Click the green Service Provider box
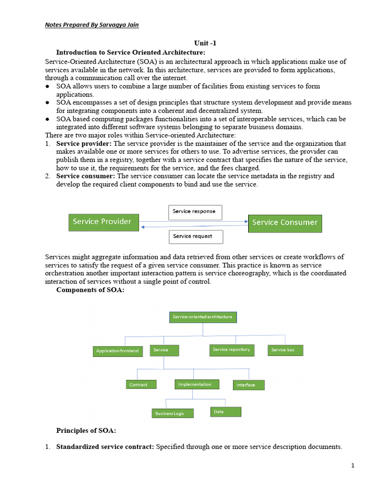click(x=103, y=222)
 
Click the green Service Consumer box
click(x=285, y=223)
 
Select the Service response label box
click(x=195, y=212)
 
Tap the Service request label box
click(x=197, y=236)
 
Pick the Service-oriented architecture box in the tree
click(x=203, y=317)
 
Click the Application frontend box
click(x=118, y=351)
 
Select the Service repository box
click(x=232, y=350)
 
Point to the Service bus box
click(x=285, y=350)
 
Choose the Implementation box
click(x=197, y=384)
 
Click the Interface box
click(x=249, y=385)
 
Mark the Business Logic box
click(x=172, y=413)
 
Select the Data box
click(x=225, y=412)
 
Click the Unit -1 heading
click(x=205, y=43)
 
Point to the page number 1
click(x=353, y=465)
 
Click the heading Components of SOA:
click(x=90, y=290)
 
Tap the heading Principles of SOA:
click(x=86, y=431)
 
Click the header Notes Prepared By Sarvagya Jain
click(x=92, y=25)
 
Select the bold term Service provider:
click(x=84, y=144)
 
